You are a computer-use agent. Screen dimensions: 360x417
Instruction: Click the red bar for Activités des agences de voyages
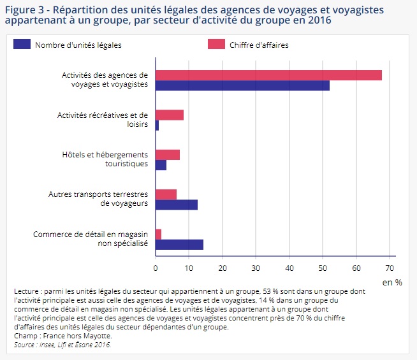point(268,75)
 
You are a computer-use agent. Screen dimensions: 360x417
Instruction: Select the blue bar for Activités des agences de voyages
point(242,86)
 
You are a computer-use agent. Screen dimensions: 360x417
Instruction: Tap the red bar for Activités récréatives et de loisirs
point(170,115)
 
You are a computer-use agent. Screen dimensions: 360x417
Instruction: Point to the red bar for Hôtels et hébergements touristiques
point(168,154)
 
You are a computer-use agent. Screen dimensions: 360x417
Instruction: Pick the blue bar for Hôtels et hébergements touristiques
point(161,165)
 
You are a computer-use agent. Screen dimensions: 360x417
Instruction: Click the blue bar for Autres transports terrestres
point(177,205)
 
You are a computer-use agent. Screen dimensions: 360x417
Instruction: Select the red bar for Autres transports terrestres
point(166,194)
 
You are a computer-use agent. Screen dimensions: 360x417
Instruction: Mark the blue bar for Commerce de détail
point(179,244)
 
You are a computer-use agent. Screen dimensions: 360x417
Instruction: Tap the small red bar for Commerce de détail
point(158,234)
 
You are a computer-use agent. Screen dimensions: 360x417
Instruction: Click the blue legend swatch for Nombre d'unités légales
point(22,45)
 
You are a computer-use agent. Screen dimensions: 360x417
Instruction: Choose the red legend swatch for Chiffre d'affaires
point(217,45)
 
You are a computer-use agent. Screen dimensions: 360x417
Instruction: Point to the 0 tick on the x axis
point(156,267)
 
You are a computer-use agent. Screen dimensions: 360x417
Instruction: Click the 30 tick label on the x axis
point(256,267)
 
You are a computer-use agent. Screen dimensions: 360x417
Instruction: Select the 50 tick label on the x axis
point(323,267)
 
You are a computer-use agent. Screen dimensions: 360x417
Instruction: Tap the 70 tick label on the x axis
point(390,267)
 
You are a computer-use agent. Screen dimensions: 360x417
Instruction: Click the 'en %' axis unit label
point(391,281)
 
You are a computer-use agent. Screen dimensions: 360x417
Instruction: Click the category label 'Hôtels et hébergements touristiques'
point(105,159)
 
